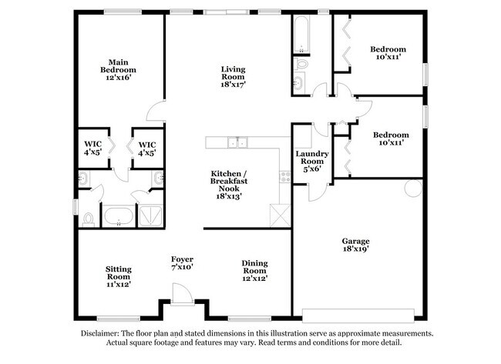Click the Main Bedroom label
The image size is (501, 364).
tap(117, 70)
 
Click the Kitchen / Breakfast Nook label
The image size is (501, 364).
tap(229, 185)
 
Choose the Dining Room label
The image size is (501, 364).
tap(254, 270)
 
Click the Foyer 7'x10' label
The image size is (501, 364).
tap(182, 264)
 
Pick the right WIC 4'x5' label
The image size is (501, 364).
tap(147, 149)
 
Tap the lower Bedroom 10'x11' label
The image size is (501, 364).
tap(391, 139)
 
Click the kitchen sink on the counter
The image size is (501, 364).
tap(240, 142)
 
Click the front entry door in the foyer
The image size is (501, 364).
tap(181, 294)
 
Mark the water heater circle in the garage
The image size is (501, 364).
tap(409, 187)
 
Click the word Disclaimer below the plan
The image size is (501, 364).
tap(103, 333)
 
